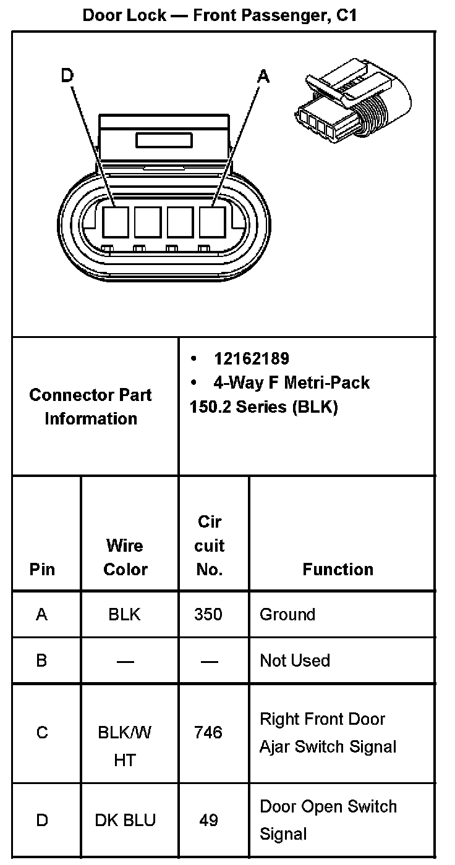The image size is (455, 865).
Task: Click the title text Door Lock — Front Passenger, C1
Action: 220,15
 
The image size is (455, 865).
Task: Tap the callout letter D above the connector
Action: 67,75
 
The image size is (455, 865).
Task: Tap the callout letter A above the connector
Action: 263,76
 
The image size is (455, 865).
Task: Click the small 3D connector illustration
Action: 352,102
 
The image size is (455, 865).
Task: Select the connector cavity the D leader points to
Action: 116,222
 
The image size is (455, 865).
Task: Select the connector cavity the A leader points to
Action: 212,222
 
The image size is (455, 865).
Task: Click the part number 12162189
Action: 251,358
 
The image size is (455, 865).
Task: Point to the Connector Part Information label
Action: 90,407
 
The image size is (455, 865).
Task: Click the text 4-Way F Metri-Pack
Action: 291,382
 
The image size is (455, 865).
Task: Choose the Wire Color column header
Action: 124,557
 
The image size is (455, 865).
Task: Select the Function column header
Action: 338,569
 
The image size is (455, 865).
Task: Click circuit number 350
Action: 208,615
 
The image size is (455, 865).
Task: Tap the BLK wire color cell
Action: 124,615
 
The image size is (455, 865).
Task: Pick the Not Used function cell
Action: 295,660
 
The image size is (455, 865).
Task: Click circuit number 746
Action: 208,733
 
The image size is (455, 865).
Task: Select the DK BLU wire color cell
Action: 125,821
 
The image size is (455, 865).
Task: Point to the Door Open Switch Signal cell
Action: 328,820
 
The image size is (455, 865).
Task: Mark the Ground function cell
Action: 287,615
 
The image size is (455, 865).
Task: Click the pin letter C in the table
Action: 42,733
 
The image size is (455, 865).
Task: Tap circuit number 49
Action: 209,821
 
